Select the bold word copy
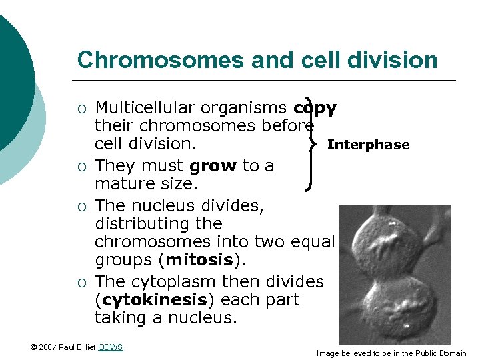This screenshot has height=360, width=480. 315,108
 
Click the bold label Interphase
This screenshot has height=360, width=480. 368,145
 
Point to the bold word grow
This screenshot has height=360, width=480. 213,166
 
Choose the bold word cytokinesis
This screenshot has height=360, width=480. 143,300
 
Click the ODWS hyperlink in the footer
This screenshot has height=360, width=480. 110,347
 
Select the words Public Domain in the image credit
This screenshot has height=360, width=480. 440,353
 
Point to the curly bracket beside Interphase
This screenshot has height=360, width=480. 310,143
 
